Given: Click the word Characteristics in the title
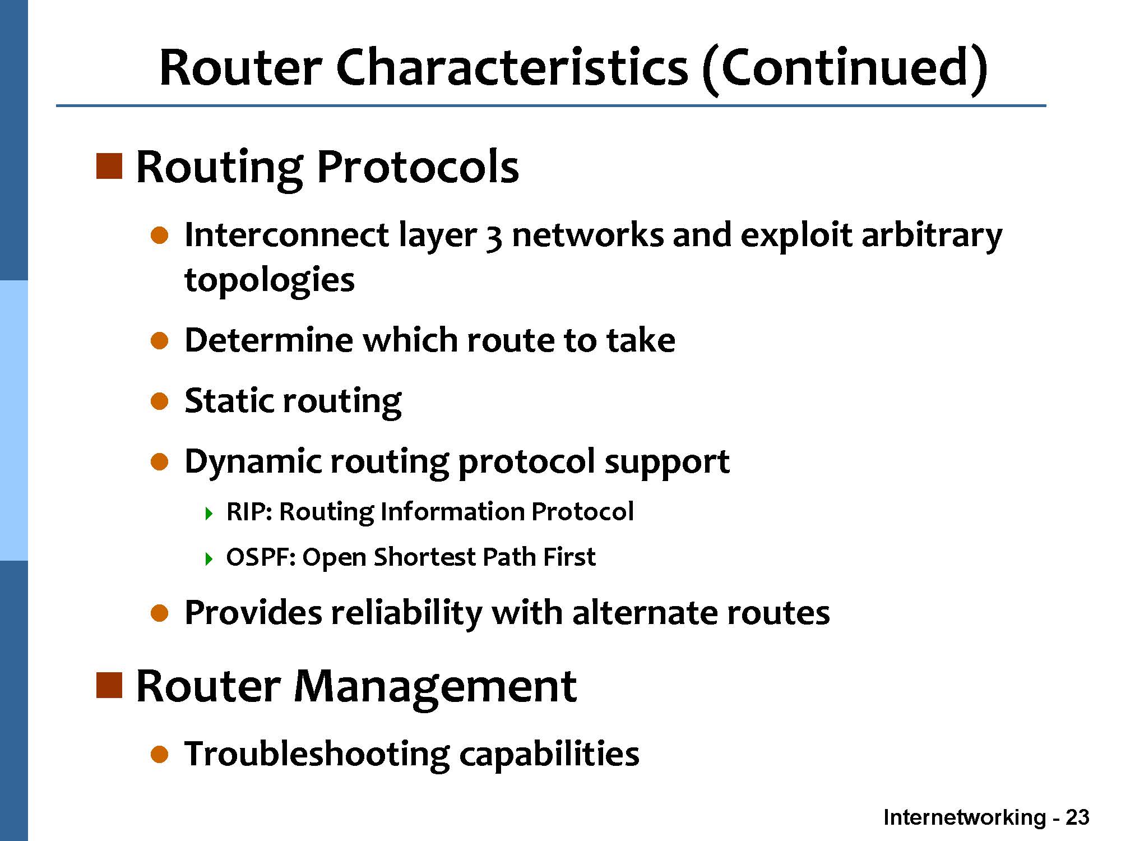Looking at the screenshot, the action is [512, 67].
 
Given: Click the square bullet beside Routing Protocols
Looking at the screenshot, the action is [109, 166].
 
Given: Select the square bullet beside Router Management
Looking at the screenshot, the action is [109, 685].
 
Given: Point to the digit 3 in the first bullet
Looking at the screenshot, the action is [493, 237].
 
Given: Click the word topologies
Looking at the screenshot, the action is [270, 280].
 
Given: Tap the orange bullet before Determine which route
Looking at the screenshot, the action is [160, 340].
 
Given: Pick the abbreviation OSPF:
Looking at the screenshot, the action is [261, 557].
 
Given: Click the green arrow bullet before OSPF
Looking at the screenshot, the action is [209, 558].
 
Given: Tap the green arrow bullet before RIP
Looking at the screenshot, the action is [209, 513].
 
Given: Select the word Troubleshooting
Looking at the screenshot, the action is [317, 754].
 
